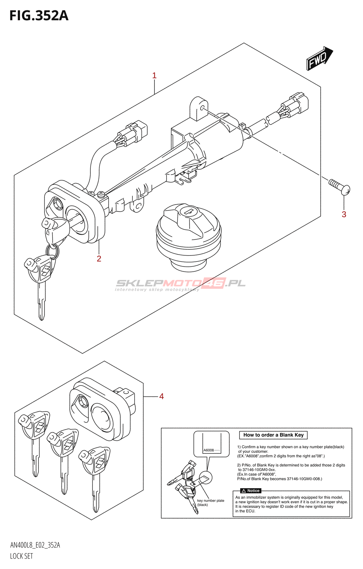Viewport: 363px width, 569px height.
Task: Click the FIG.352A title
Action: (x=39, y=16)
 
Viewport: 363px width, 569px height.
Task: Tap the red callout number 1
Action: (x=154, y=75)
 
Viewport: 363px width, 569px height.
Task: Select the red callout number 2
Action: (x=99, y=259)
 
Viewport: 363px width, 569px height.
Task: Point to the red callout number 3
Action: (x=344, y=214)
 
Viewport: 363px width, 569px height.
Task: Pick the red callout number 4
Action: (x=162, y=396)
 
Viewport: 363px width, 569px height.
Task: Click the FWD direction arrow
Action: (x=319, y=58)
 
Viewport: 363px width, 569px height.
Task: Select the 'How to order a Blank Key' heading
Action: (x=273, y=435)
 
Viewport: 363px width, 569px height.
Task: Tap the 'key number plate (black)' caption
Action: (x=210, y=502)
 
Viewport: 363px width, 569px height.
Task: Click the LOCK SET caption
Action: (x=21, y=556)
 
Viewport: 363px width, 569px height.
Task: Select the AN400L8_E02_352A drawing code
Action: (x=35, y=545)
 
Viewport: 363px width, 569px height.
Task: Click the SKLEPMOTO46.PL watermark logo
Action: (x=180, y=283)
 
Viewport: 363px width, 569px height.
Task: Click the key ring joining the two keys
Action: (x=53, y=251)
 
